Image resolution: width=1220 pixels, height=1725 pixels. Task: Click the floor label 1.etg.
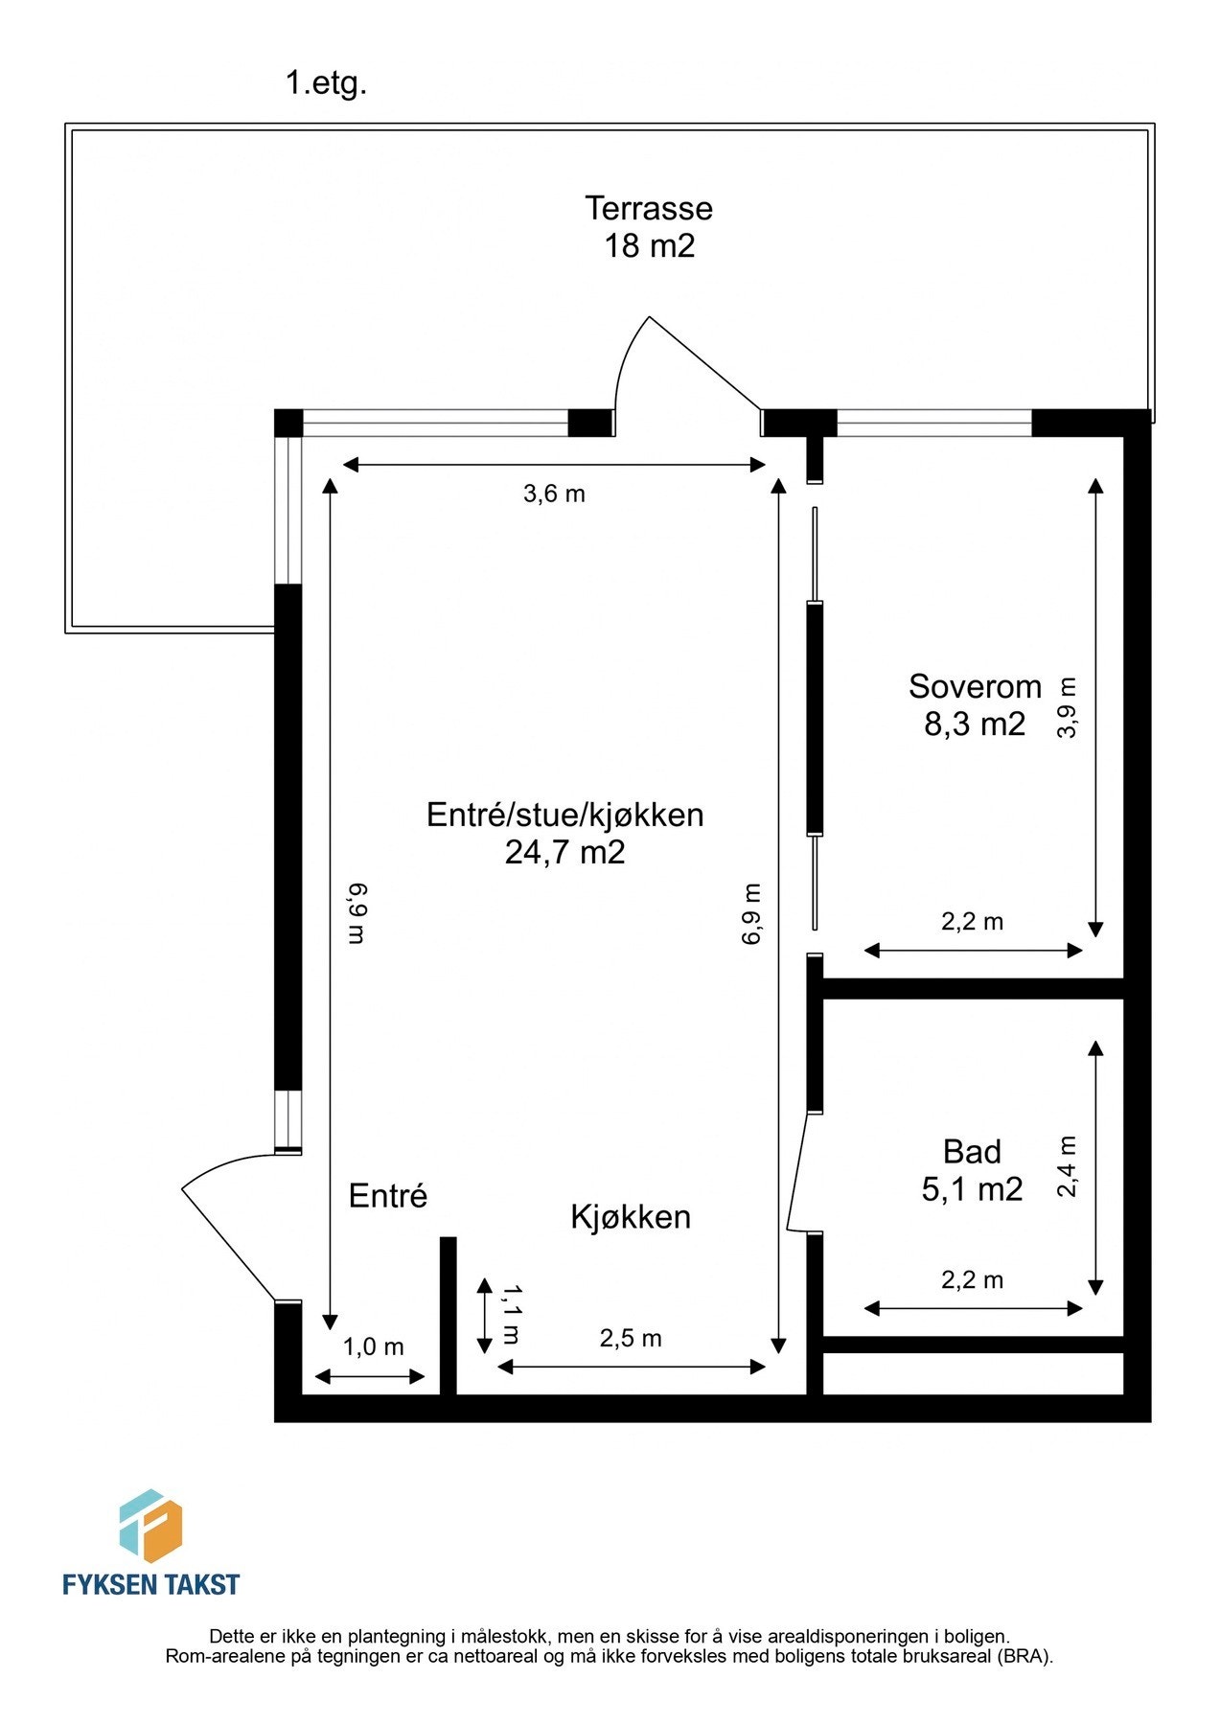(326, 83)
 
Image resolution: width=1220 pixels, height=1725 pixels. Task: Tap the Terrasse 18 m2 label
(649, 227)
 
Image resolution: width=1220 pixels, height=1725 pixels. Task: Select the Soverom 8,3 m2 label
(975, 705)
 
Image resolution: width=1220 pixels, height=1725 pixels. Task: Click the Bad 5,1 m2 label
(972, 1170)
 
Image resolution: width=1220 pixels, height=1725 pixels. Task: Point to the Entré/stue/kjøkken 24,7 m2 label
(564, 833)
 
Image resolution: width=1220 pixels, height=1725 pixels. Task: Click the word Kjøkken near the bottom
(630, 1217)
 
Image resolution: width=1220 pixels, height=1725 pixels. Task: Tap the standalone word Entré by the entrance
(387, 1196)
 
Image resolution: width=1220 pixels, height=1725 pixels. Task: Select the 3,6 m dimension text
(553, 494)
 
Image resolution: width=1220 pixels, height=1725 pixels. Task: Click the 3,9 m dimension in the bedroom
(1068, 707)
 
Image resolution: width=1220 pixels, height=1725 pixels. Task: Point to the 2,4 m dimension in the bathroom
(1068, 1166)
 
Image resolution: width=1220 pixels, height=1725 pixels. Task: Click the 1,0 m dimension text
(373, 1346)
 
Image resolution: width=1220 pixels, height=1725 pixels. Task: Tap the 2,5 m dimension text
(630, 1338)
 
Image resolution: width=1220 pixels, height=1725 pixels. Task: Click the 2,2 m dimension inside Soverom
(972, 922)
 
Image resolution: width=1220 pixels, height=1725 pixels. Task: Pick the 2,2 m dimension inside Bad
(972, 1279)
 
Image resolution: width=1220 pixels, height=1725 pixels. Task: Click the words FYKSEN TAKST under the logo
(150, 1584)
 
